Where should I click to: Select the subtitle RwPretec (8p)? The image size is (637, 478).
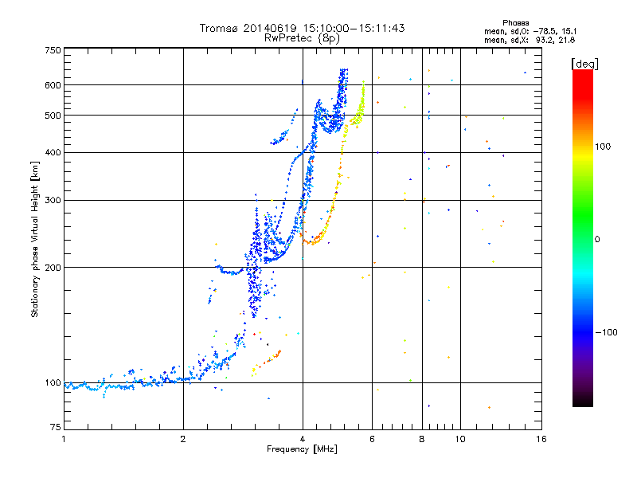[x=302, y=38]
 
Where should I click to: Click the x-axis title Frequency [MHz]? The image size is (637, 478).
[x=302, y=449]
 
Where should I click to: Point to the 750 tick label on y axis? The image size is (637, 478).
[x=53, y=50]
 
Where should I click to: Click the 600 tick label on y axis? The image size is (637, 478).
[x=53, y=85]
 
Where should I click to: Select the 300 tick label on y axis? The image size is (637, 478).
[x=53, y=200]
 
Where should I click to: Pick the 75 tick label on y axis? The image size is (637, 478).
[x=56, y=427]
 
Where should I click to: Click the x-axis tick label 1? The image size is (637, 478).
[x=64, y=439]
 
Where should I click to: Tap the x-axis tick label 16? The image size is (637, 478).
[x=541, y=439]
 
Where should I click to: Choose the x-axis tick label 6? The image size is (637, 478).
[x=372, y=439]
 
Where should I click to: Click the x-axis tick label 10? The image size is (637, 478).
[x=460, y=439]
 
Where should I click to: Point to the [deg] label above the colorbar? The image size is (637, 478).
[x=584, y=64]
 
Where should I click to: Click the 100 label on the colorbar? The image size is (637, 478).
[x=603, y=147]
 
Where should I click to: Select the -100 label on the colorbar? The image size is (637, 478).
[x=606, y=332]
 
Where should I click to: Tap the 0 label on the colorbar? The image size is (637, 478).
[x=597, y=239]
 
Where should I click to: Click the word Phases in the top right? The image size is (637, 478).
[x=515, y=23]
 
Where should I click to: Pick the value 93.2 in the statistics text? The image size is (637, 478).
[x=545, y=40]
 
